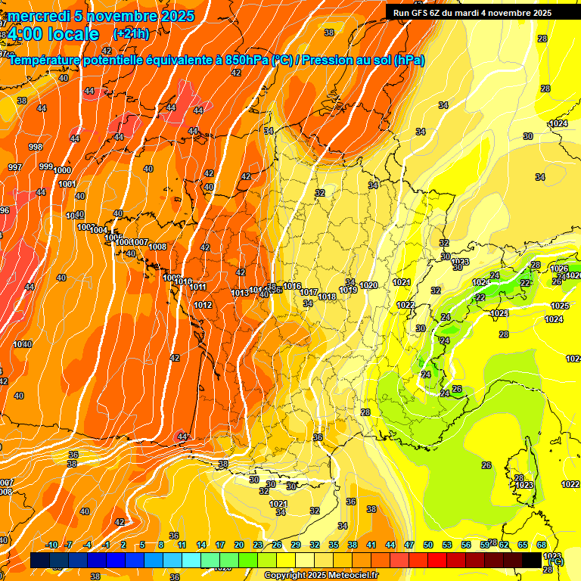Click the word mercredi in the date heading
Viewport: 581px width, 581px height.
coord(39,16)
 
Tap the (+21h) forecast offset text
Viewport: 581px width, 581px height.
coord(132,34)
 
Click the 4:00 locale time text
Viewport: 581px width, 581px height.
coord(54,34)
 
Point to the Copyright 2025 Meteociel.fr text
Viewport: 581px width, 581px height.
coord(321,576)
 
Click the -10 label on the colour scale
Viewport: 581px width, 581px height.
coord(51,545)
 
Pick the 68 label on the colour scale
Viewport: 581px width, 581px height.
coord(542,545)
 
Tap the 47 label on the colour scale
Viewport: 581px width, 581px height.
coord(409,545)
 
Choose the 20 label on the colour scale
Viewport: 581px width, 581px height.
coord(239,545)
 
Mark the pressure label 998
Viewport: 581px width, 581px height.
coord(36,147)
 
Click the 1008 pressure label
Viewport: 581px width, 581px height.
coord(157,247)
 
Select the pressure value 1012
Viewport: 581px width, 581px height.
coord(203,305)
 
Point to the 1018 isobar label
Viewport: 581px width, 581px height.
coord(327,297)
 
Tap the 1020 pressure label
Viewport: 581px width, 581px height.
coord(369,285)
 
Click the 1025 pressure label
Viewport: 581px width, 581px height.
coord(560,306)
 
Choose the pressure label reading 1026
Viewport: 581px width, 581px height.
coord(559,269)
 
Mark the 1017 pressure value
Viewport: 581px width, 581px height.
coord(309,292)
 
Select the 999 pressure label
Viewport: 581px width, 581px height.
coord(46,166)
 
